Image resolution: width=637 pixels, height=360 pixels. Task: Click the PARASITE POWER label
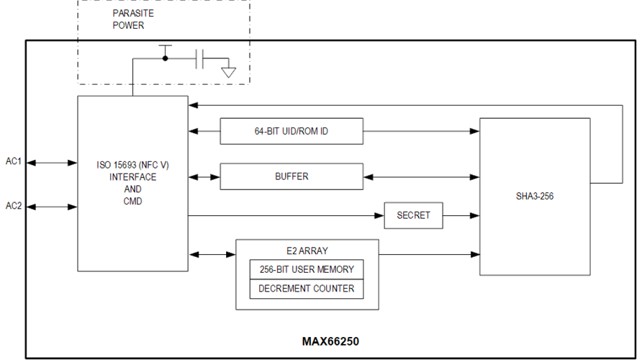133,19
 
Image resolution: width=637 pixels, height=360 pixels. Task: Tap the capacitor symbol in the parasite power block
199,59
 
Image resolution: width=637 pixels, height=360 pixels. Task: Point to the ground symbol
228,71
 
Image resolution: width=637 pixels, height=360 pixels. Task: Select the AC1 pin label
14,162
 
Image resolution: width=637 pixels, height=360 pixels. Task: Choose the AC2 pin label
14,207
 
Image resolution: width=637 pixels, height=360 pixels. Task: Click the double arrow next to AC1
51,163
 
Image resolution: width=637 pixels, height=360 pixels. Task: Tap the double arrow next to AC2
51,207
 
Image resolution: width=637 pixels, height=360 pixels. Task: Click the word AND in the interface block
132,189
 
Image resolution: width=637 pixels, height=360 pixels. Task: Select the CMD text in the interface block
132,202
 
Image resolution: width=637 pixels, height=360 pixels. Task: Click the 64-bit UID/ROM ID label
291,131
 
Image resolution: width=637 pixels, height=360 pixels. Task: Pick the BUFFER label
291,176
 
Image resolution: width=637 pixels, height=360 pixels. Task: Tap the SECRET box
413,215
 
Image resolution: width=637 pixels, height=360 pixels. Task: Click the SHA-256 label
534,196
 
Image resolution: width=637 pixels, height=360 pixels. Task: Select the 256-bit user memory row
307,269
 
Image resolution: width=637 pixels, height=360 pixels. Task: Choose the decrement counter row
307,289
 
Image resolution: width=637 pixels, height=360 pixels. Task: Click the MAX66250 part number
330,341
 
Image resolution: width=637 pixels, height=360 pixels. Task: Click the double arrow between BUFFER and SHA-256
422,176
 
